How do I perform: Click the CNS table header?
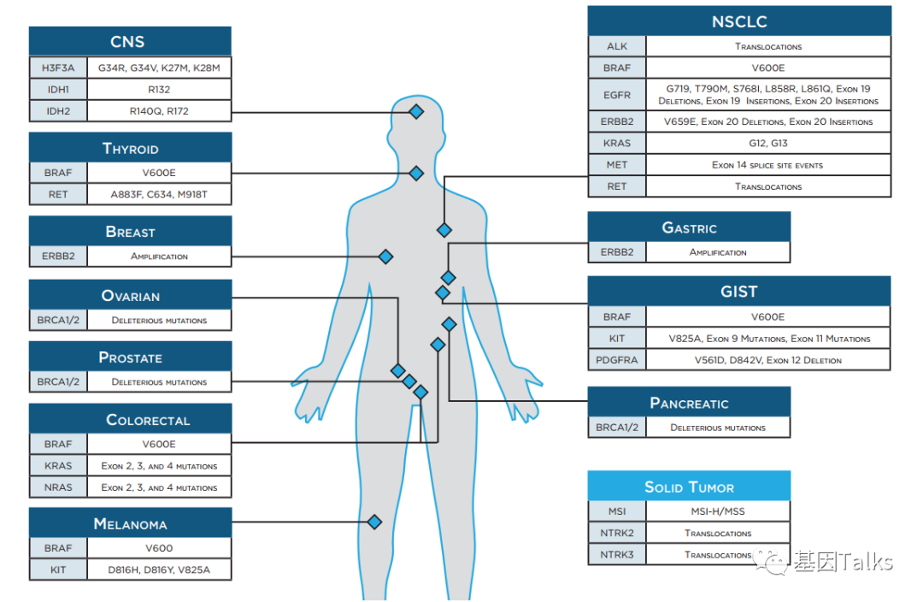tap(130, 41)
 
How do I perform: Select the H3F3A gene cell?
tap(58, 68)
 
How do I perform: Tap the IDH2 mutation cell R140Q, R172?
tap(159, 110)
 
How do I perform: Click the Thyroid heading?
tap(130, 148)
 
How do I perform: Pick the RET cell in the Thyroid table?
tap(58, 194)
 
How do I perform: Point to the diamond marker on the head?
tap(416, 111)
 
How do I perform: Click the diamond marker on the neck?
tap(416, 174)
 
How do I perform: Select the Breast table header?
tap(130, 231)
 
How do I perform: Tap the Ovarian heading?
tap(130, 296)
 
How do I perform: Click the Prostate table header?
tap(130, 357)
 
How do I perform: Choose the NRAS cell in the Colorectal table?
tap(58, 487)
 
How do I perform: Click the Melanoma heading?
tap(130, 523)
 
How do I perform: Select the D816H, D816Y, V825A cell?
tap(159, 570)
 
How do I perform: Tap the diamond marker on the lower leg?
tap(374, 522)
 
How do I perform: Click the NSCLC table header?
tap(739, 21)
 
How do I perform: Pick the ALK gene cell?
tap(617, 46)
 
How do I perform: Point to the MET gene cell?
tap(617, 165)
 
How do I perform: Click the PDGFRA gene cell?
tap(617, 360)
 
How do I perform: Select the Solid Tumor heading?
tap(689, 487)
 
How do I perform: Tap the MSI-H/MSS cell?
tap(718, 511)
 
